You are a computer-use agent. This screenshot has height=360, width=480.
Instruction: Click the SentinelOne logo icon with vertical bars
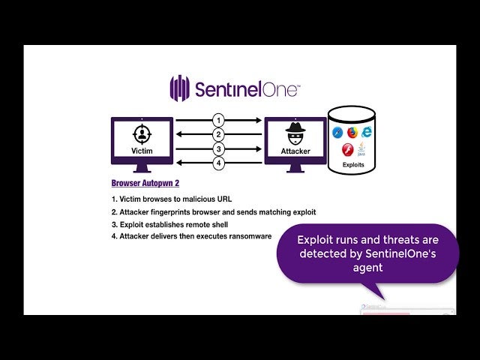(x=179, y=88)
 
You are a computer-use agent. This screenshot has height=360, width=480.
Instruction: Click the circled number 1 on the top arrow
(x=218, y=120)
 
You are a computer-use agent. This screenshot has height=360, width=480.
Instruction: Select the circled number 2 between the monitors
(x=218, y=134)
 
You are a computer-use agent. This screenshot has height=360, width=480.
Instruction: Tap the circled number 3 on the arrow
(x=218, y=148)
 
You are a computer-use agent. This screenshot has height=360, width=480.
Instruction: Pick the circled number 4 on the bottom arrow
(x=218, y=163)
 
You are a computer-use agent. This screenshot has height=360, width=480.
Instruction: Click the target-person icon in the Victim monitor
(x=142, y=135)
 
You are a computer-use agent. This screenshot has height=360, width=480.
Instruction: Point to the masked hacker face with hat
(x=295, y=136)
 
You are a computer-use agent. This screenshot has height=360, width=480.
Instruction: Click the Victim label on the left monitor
(x=142, y=151)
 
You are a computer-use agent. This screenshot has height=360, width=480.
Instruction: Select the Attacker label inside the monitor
(x=295, y=151)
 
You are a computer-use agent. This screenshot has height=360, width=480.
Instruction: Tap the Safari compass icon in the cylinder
(x=337, y=133)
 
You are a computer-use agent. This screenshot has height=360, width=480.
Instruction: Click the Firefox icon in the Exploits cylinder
(x=352, y=133)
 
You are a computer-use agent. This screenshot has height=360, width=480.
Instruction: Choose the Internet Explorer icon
(x=367, y=132)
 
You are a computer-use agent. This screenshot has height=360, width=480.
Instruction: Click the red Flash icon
(x=347, y=149)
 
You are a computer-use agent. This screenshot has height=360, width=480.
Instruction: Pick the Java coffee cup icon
(x=361, y=148)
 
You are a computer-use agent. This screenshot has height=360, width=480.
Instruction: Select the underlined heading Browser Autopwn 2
(x=145, y=183)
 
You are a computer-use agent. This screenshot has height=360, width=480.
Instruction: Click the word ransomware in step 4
(x=245, y=236)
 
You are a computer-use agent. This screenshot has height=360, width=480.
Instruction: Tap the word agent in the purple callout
(x=367, y=267)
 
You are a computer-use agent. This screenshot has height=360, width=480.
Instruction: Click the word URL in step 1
(x=223, y=199)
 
